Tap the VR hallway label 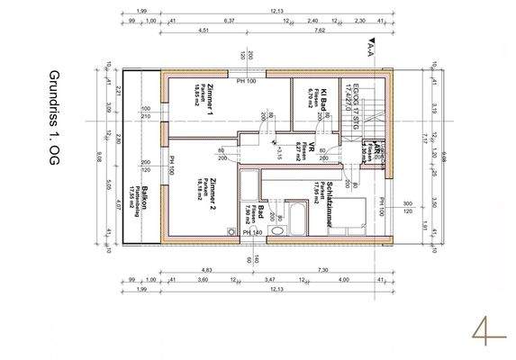point(306,150)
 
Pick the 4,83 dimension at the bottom point(205,269)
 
